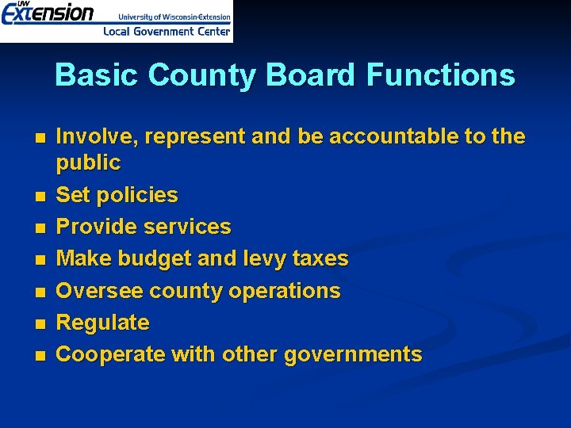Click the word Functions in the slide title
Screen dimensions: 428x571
[440, 75]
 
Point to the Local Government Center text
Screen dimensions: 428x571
[167, 32]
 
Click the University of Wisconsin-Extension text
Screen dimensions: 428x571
[174, 16]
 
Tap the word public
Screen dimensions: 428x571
[88, 163]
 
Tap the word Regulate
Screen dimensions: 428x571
[102, 323]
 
